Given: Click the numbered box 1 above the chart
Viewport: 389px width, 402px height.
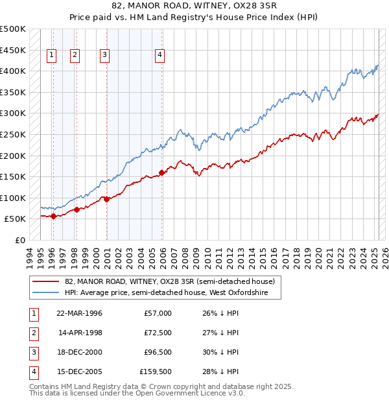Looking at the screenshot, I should pos(51,55).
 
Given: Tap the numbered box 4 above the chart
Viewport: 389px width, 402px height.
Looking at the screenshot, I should pos(159,55).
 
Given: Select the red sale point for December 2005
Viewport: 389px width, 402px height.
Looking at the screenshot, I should pos(161,172).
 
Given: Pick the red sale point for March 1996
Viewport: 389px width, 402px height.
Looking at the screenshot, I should pos(53,216).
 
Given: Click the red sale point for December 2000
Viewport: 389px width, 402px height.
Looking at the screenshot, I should pos(106,199).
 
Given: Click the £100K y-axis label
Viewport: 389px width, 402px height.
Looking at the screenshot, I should pos(13,198).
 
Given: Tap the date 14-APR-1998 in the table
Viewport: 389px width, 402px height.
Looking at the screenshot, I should pos(80,333).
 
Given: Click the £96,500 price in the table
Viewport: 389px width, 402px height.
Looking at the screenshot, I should pos(158,352).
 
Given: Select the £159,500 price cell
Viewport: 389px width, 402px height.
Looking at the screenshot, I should pos(156,372).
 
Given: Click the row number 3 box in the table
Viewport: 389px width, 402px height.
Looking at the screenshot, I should pos(32,352).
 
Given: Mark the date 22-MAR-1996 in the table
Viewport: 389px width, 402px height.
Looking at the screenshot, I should pos(80,313).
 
